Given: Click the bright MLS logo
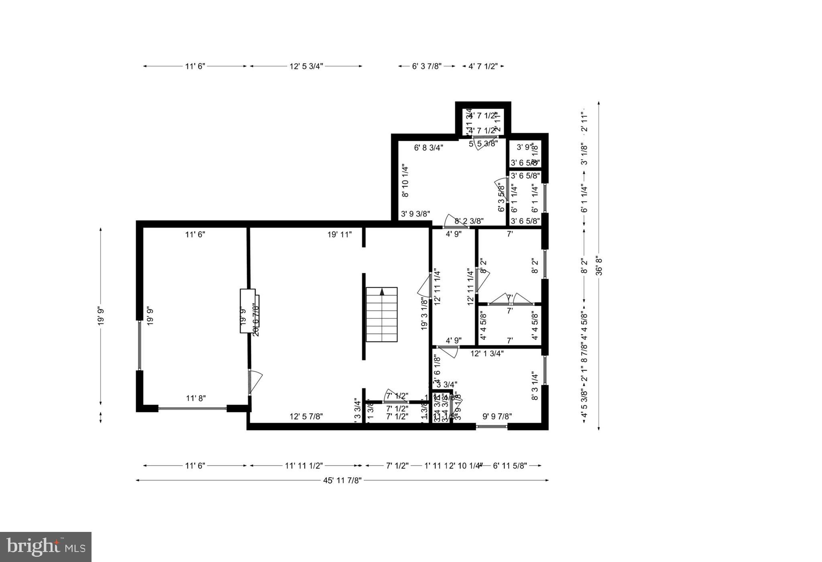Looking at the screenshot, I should [46, 547].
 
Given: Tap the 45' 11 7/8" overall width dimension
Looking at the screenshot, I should [342, 481].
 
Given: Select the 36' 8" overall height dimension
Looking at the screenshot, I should [599, 266].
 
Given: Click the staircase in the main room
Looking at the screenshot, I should [381, 314].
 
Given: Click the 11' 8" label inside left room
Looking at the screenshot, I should [196, 398].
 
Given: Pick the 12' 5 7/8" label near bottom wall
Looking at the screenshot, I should [306, 417].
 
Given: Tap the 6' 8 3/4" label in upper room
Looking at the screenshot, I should [429, 148].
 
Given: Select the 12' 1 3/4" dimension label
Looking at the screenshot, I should [487, 354].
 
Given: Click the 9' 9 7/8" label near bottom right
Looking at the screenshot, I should [497, 417].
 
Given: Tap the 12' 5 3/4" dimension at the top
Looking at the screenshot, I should [306, 67].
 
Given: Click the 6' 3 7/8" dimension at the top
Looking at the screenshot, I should [427, 67].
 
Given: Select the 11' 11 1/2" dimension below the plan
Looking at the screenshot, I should [304, 466].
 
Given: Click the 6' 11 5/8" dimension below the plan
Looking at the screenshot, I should [510, 466].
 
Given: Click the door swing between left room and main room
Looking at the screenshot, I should [255, 381].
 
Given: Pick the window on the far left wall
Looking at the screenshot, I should [139, 345].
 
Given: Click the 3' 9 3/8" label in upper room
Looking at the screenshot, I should [415, 214].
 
